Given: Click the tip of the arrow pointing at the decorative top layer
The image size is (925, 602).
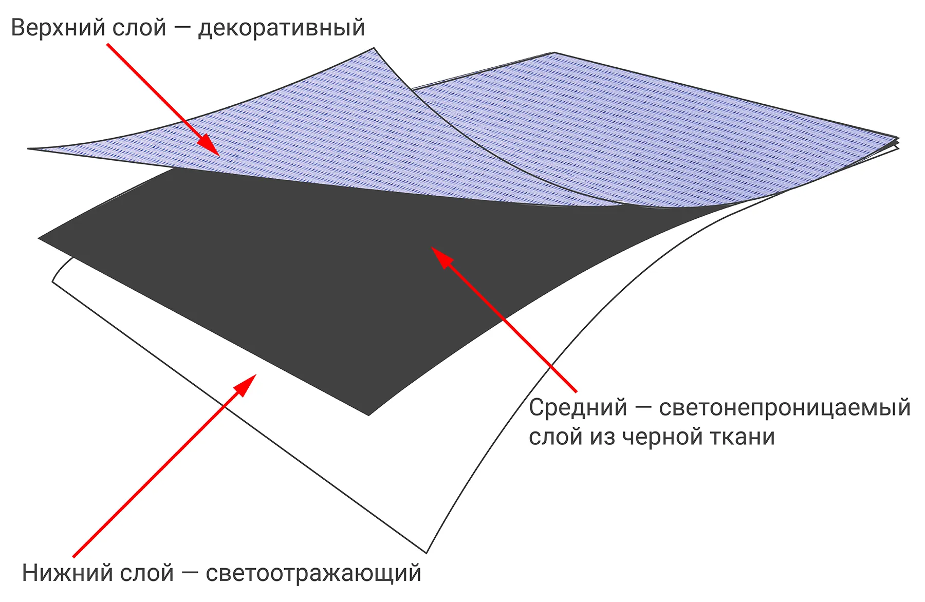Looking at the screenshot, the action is coord(219,156).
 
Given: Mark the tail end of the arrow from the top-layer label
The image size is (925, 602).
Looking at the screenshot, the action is coord(107,44).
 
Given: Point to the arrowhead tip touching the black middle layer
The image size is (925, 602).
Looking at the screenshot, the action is coord(431,247).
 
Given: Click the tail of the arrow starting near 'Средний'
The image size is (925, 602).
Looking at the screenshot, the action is coord(576,391).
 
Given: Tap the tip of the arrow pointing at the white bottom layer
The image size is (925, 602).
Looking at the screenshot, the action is coord(256,374).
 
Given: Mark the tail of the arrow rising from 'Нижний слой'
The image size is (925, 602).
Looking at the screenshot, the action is coord(73,556).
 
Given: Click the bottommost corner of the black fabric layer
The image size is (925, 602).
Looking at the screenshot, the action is coord(368,415).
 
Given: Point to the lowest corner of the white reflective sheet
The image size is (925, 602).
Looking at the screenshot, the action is coord(427,553).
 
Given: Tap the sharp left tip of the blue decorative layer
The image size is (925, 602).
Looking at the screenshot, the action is coord(28,149).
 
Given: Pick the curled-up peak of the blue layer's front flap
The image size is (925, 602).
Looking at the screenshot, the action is coord(374,48).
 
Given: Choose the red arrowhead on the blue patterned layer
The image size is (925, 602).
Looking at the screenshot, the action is coord(208,145).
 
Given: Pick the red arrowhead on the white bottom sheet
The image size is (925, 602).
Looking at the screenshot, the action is coord(245,385).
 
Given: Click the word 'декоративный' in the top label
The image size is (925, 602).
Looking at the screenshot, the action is coord(282,28).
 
